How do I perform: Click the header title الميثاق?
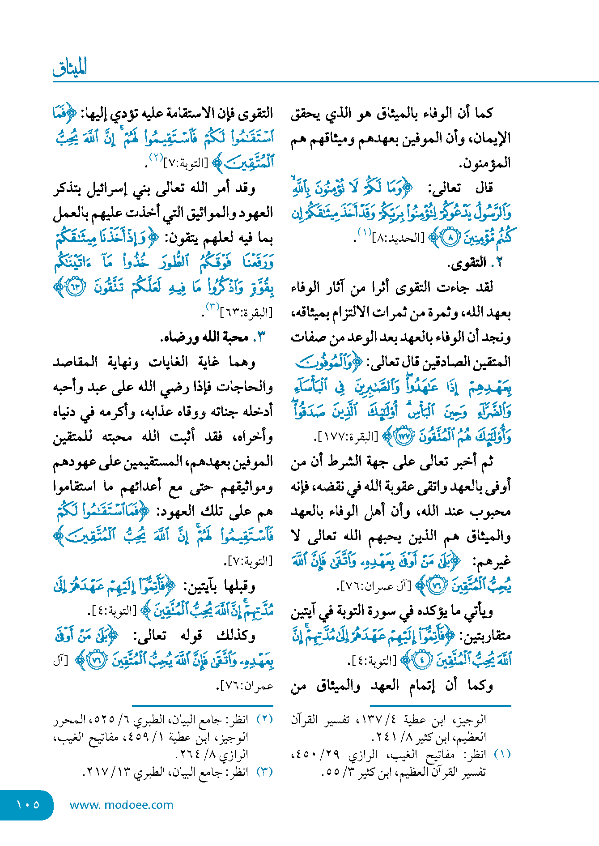[70, 68]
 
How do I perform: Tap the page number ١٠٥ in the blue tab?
[28, 804]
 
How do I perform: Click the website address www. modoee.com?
[121, 804]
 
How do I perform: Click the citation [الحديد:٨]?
[398, 238]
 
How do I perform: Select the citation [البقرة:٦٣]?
[246, 312]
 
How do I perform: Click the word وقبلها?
[238, 585]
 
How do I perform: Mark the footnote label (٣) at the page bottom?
[264, 772]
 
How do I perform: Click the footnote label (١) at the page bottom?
[502, 754]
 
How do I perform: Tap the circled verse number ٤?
[422, 660]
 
